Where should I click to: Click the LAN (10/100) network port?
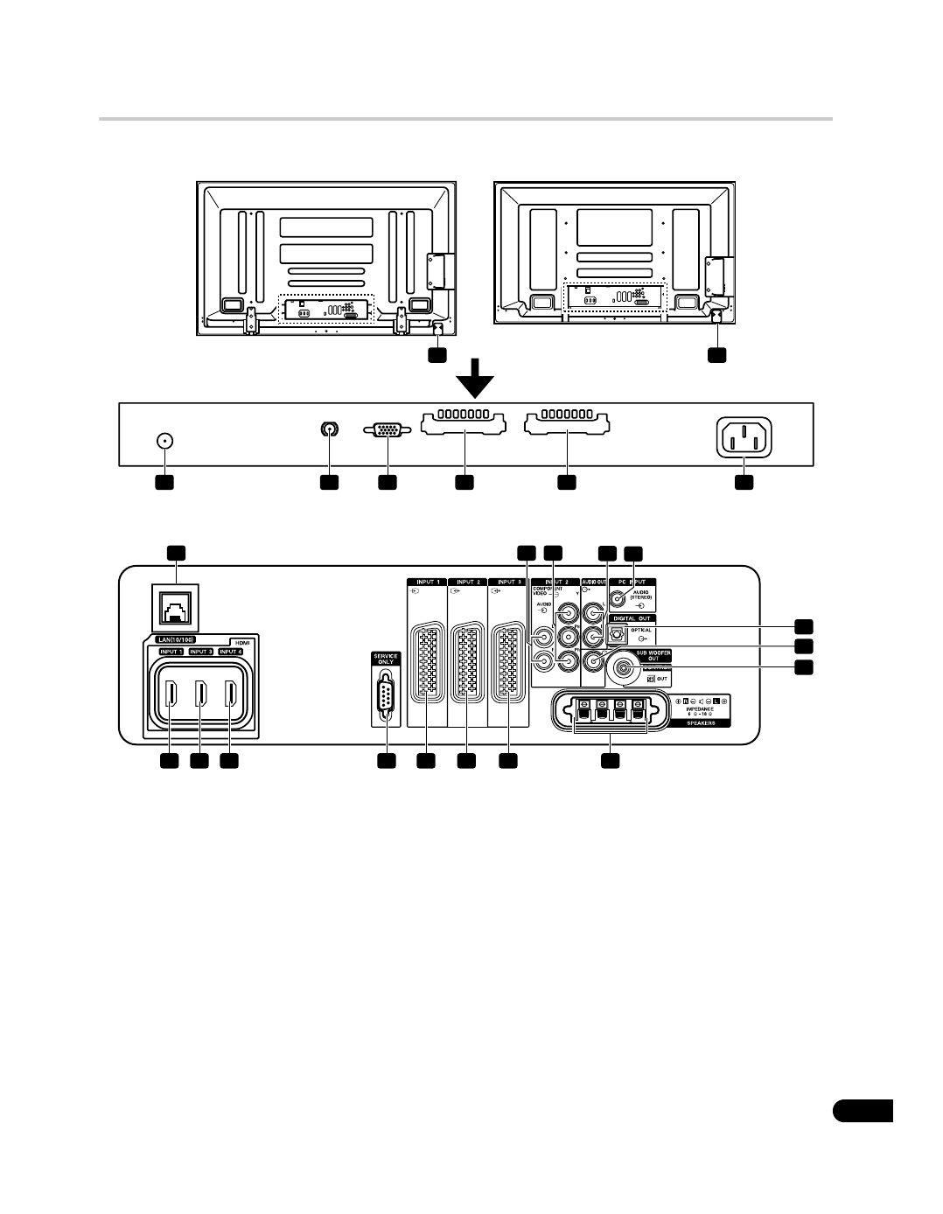pos(176,606)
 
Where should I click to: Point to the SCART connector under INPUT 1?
pos(426,664)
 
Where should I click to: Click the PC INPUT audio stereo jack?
pos(619,599)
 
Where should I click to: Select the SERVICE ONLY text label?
pos(385,659)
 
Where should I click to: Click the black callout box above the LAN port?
pos(176,552)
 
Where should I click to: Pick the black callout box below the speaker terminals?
pos(611,762)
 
